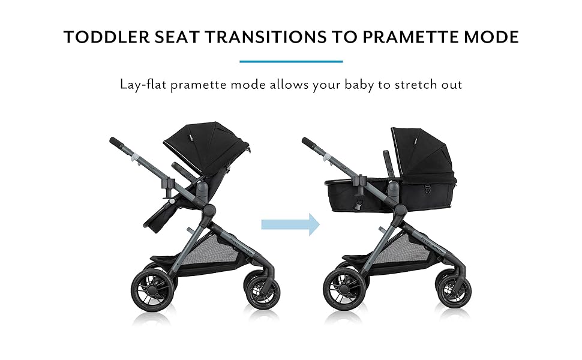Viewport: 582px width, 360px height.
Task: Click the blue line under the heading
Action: coord(291,61)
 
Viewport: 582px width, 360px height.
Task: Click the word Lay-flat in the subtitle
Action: coord(143,84)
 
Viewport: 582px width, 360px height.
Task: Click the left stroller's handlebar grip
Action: coord(117,145)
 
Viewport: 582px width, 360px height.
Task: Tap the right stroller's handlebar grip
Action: coord(310,145)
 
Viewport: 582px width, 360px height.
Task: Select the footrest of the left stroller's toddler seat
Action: coord(157,219)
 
